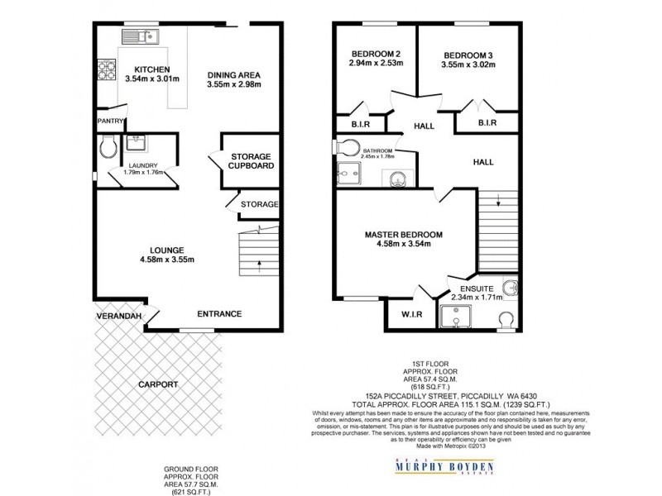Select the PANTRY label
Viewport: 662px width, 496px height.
109,121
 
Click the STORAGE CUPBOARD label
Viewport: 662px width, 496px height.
252,160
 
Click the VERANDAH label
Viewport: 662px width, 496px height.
116,317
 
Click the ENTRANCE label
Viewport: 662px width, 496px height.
218,314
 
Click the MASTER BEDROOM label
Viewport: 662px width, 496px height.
404,235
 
